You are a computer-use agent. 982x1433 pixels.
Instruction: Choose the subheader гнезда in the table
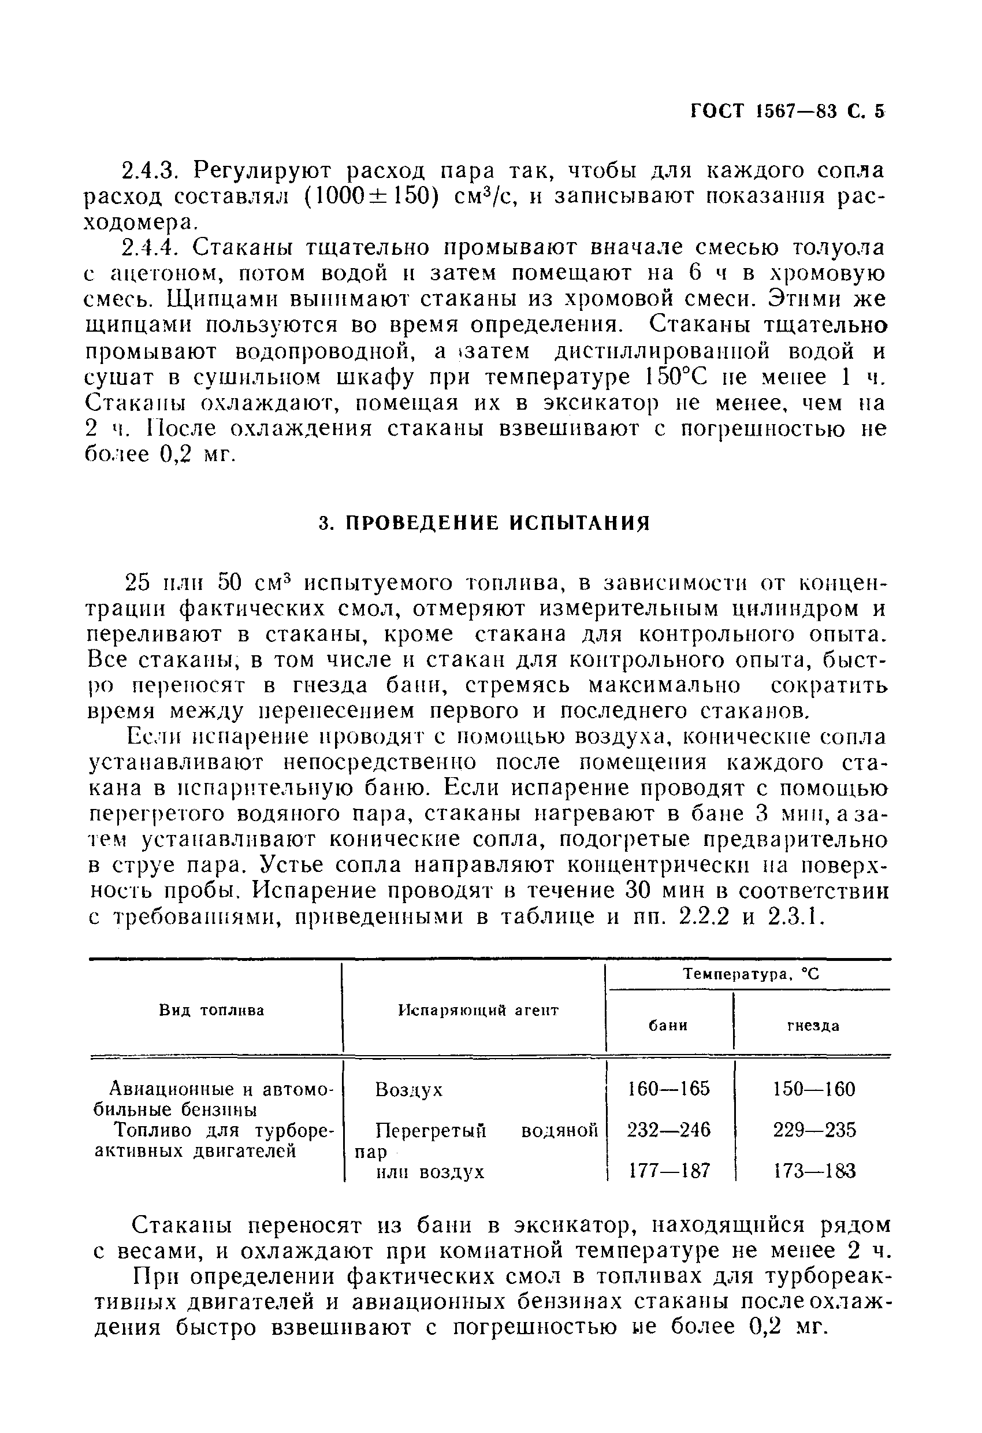coord(813,1026)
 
